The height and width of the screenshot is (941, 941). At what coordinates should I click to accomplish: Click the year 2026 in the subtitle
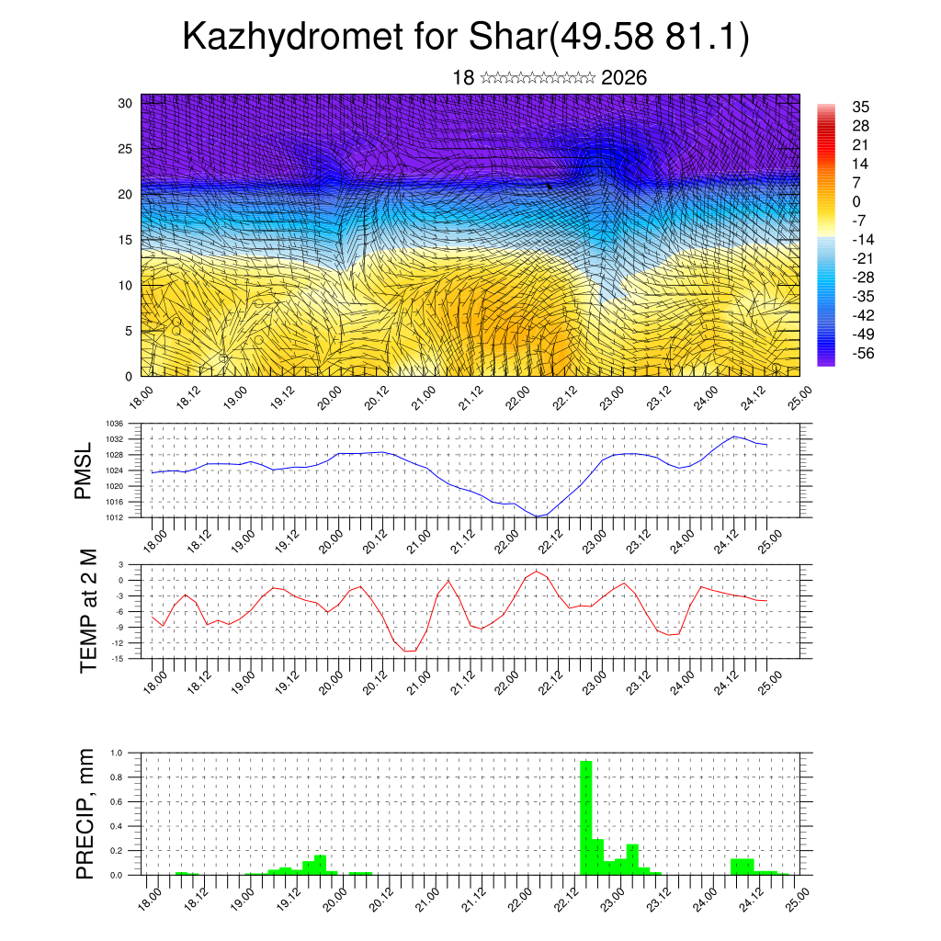624,78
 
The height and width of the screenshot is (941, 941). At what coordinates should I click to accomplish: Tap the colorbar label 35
861,107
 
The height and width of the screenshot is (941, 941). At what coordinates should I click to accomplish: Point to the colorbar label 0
856,201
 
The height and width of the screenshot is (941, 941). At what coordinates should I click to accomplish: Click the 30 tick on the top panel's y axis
126,103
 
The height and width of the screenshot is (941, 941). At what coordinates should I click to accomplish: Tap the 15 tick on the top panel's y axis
126,240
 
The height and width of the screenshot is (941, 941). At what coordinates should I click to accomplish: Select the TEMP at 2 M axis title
87,610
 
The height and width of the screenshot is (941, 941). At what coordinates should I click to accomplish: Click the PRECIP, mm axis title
85,813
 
